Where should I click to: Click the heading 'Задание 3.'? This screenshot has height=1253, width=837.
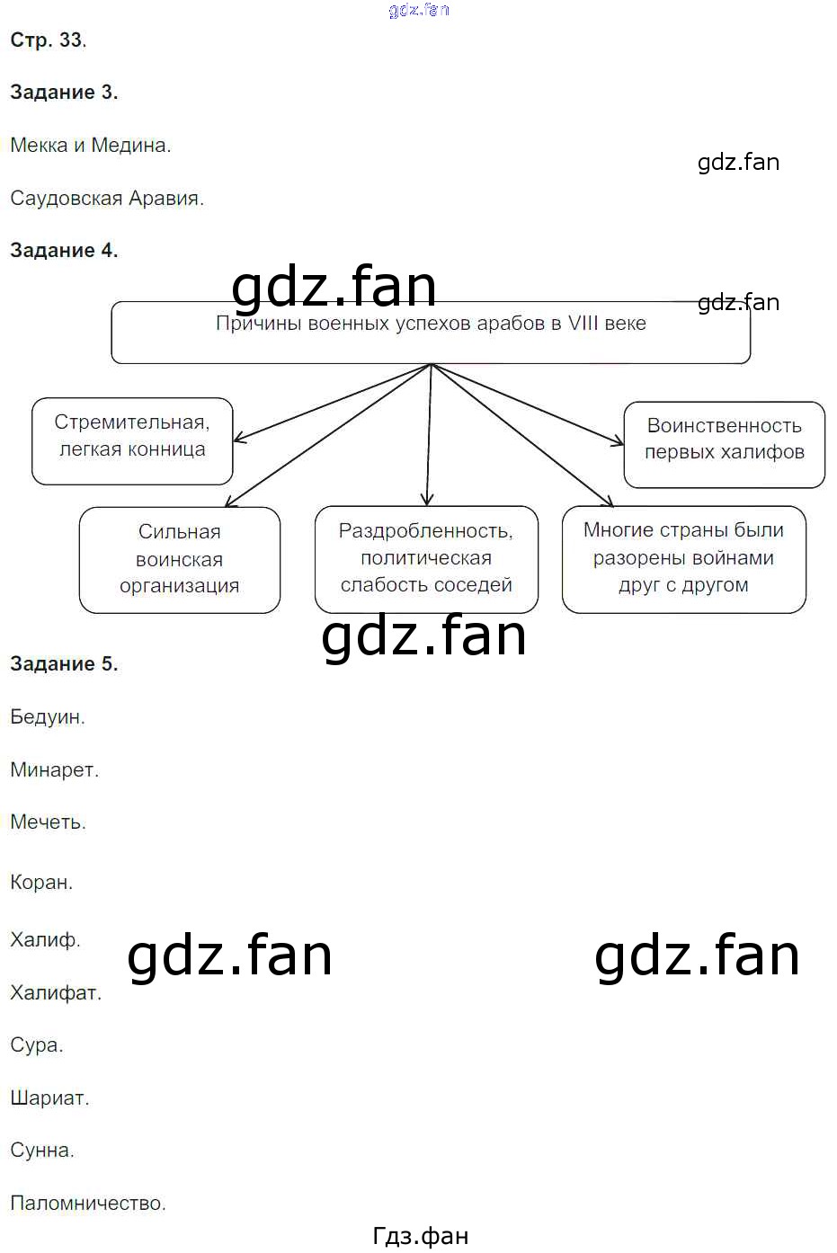(x=64, y=93)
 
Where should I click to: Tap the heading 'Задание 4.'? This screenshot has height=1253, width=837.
(x=64, y=250)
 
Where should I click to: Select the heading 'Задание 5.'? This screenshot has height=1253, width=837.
(x=64, y=663)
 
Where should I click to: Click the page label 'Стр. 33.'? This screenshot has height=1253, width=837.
(x=49, y=40)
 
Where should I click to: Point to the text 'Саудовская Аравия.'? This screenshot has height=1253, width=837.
(x=107, y=198)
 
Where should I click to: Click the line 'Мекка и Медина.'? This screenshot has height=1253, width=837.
(x=91, y=146)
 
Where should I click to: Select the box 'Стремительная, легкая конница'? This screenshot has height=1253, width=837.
(x=132, y=441)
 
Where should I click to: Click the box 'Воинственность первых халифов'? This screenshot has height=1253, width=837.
(x=724, y=445)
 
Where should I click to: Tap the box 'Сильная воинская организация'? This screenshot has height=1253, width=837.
(x=180, y=560)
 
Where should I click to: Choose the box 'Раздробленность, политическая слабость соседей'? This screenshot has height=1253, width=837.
(x=426, y=559)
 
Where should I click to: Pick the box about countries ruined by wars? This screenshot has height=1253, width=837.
(x=683, y=559)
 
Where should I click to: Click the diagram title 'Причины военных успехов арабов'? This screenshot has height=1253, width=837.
(x=431, y=324)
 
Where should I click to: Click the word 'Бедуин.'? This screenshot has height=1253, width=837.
(x=48, y=716)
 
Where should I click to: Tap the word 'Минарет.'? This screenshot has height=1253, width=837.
(x=54, y=769)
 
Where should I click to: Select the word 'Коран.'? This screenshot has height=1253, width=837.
(x=41, y=882)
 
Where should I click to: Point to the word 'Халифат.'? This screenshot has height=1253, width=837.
(x=56, y=992)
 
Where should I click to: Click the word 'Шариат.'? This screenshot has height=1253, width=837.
(x=49, y=1098)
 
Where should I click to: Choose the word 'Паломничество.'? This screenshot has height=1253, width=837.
(x=88, y=1203)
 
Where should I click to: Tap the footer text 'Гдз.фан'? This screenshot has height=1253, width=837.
(x=421, y=1236)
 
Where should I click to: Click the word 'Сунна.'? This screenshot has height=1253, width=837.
(x=42, y=1150)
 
